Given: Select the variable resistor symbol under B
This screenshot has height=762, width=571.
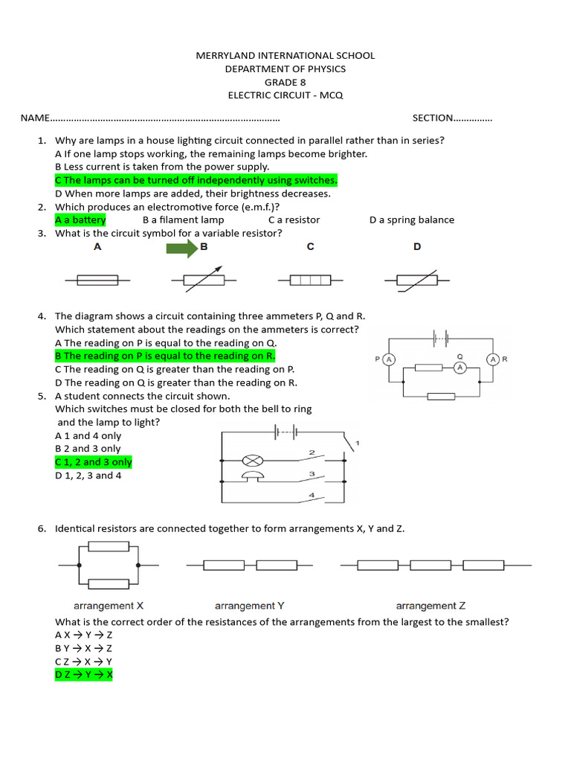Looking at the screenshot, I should [204, 281].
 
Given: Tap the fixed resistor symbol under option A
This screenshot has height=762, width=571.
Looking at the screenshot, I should [97, 281].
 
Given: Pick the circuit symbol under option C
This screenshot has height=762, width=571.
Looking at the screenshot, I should [311, 281].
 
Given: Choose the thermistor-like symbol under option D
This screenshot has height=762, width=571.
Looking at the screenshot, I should [416, 281].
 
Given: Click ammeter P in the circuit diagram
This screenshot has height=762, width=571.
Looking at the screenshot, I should [389, 359].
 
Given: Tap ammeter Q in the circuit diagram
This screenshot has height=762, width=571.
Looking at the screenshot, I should [460, 368].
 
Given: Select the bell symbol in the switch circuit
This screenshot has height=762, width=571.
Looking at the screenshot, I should [251, 477].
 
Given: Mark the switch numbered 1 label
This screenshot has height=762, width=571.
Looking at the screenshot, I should [358, 444].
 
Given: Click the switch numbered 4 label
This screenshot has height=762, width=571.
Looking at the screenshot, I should [312, 495].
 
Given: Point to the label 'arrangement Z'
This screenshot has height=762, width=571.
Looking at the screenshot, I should [430, 606].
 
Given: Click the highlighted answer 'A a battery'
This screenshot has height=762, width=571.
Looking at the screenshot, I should [80, 220].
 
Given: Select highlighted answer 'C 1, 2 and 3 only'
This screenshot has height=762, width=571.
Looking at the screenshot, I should [94, 462].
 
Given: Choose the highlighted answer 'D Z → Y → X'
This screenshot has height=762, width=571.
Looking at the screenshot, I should [84, 675].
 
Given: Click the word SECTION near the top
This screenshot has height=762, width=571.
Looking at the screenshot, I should [433, 118].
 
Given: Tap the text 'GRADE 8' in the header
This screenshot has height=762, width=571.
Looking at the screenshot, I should [285, 82].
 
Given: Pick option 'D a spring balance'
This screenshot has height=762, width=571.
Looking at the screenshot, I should [411, 220].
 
